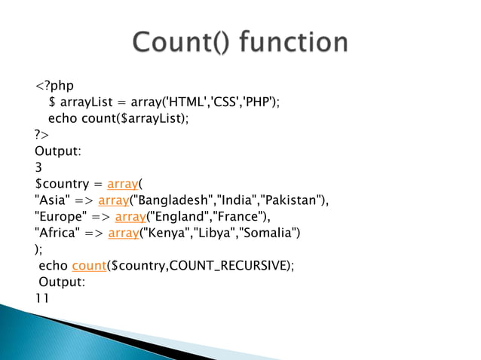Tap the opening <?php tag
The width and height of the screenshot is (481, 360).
pyautogui.click(x=55, y=85)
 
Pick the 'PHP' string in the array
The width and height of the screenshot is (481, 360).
pyautogui.click(x=259, y=102)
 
